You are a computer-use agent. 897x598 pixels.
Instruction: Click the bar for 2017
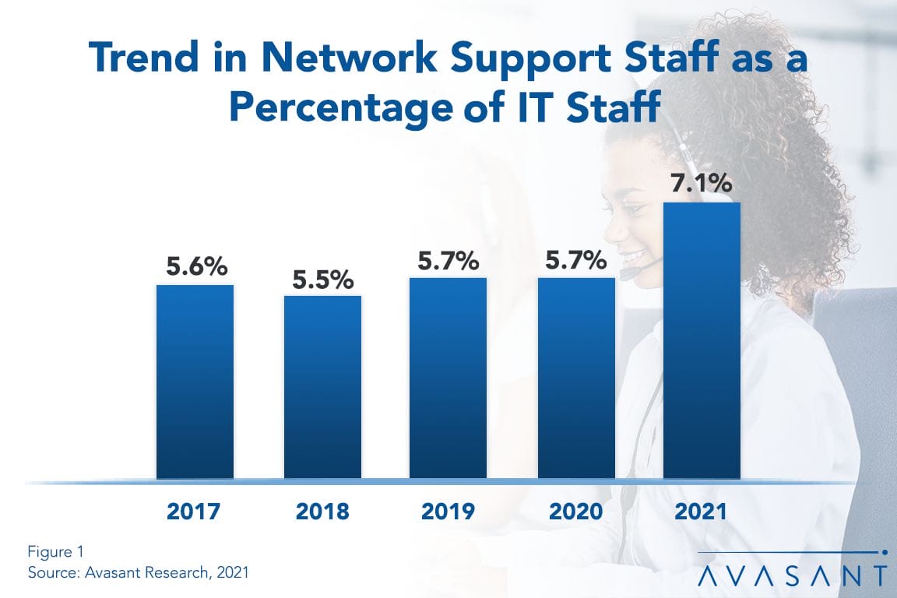point(195,382)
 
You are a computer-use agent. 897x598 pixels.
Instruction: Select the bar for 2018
point(322,387)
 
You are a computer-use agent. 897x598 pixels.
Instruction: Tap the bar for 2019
point(448,378)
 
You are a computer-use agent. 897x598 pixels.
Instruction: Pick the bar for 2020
point(576,378)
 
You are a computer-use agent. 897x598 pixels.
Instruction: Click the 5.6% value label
point(195,267)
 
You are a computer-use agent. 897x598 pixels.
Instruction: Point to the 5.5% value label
point(322,279)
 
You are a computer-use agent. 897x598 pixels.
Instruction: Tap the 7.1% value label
point(702,185)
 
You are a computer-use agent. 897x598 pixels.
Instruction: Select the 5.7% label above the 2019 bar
point(448,261)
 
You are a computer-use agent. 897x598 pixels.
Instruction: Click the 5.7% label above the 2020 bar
point(575,261)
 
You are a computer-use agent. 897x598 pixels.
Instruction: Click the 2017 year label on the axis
point(195,512)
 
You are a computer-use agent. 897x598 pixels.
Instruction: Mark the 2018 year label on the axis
point(322,512)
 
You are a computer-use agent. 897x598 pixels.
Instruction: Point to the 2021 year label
point(702,512)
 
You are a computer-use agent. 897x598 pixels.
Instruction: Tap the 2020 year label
point(575,512)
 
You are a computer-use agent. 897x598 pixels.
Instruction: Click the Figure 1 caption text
point(55,552)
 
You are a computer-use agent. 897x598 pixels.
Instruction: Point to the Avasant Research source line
point(138,572)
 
